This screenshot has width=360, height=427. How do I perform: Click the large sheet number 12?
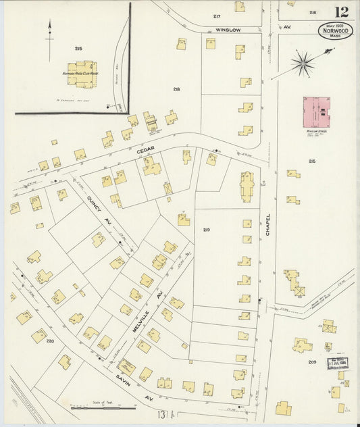(x=340, y=11)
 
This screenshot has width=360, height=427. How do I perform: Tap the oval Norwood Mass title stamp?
(x=335, y=31)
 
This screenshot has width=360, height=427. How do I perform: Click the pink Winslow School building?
(x=316, y=111)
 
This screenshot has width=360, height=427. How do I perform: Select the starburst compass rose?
(x=303, y=65)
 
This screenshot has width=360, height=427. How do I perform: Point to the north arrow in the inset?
(x=49, y=37)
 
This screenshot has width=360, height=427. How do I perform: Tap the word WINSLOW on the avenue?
(x=228, y=30)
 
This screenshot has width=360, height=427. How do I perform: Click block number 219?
(x=206, y=230)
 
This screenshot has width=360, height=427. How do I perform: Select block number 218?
(x=176, y=89)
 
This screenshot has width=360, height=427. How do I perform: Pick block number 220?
(x=49, y=341)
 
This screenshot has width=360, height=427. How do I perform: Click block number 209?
(x=312, y=362)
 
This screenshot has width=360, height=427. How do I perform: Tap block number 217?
(x=216, y=16)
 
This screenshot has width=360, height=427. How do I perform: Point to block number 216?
(x=312, y=13)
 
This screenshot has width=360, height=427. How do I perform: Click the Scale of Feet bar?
(x=97, y=408)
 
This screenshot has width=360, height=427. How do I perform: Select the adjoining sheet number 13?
(x=161, y=413)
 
